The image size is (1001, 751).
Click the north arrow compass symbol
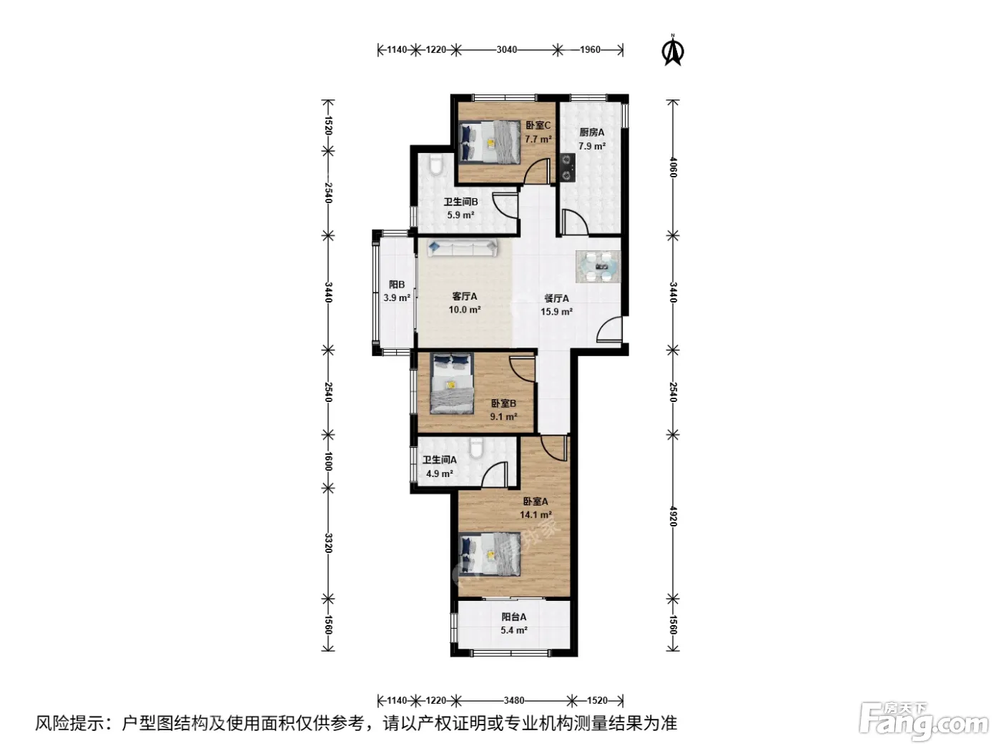tap(672, 50)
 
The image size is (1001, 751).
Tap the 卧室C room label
tap(538, 125)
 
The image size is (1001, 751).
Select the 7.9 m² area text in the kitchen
tap(592, 147)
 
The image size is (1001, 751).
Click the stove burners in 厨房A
tap(568, 167)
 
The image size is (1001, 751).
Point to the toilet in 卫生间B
tap(436, 165)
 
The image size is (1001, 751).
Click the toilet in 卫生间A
tap(476, 448)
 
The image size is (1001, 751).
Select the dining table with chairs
tap(598, 266)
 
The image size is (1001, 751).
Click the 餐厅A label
tap(556, 299)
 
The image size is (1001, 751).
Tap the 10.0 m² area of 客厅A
tap(465, 310)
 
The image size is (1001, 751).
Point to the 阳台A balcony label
tap(514, 617)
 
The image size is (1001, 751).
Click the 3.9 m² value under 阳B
tap(397, 298)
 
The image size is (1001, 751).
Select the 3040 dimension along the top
tap(507, 49)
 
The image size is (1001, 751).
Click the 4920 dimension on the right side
tap(673, 516)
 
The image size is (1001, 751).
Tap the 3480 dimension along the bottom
tap(514, 700)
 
